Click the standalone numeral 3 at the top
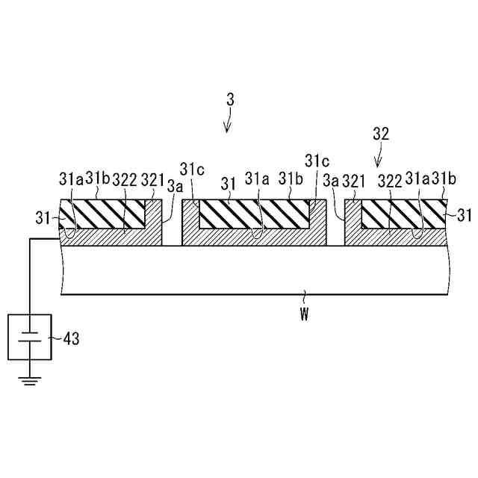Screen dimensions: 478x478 pos(231,99)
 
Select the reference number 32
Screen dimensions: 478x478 pos(381,134)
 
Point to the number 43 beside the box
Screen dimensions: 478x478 pos(69,339)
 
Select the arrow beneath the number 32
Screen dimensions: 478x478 pos(379,158)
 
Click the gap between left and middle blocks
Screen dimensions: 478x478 pos(173,232)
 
